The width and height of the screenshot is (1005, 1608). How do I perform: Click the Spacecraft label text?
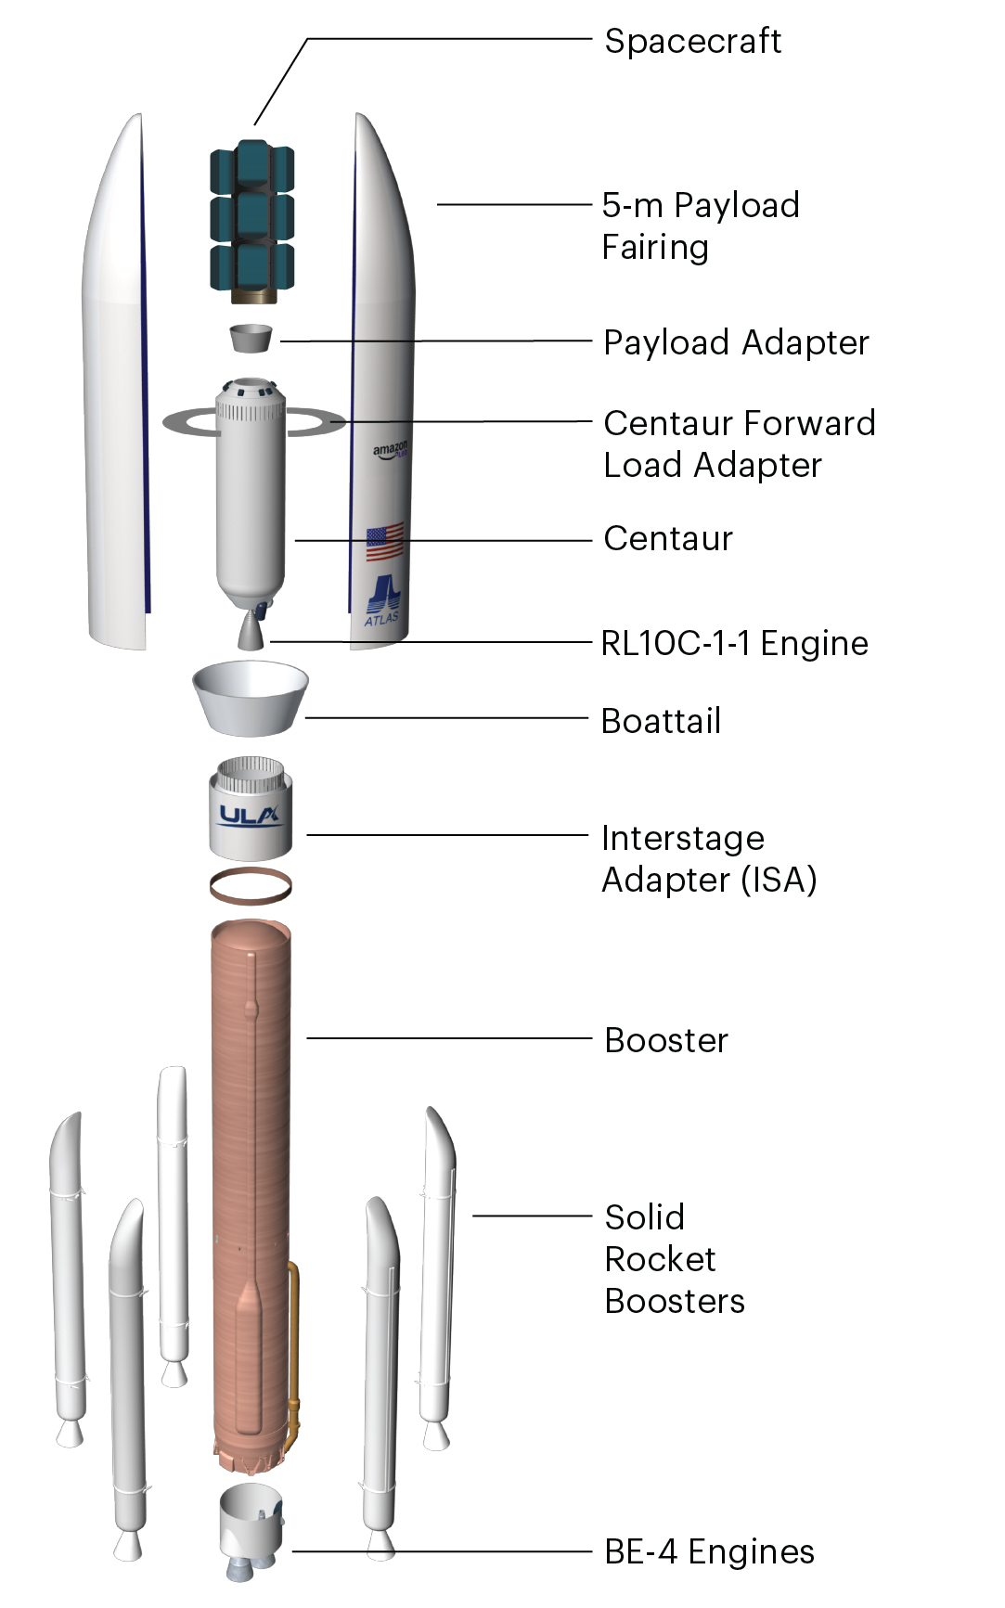(692, 41)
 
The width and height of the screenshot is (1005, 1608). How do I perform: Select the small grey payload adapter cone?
(251, 338)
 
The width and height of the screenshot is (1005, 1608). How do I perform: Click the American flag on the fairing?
(384, 542)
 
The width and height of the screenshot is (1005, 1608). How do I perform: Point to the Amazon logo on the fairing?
(390, 450)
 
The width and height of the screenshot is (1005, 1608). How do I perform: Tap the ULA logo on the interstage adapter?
(250, 816)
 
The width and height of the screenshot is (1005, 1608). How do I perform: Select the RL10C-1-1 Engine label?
(734, 643)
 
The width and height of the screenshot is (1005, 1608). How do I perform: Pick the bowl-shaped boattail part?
(251, 698)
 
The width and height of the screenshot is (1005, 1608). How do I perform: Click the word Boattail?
(661, 721)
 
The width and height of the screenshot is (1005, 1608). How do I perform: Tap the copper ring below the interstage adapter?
(251, 886)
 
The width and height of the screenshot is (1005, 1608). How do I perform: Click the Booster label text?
(666, 1040)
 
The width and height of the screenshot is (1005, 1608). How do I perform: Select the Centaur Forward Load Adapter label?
(739, 444)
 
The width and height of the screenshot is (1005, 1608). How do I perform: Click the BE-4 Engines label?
(709, 1551)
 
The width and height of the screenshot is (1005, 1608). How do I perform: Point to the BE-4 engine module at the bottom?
(251, 1531)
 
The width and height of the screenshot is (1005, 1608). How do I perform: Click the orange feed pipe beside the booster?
(293, 1345)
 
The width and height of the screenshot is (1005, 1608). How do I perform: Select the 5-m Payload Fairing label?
(700, 225)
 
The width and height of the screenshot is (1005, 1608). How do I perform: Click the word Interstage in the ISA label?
(683, 838)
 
